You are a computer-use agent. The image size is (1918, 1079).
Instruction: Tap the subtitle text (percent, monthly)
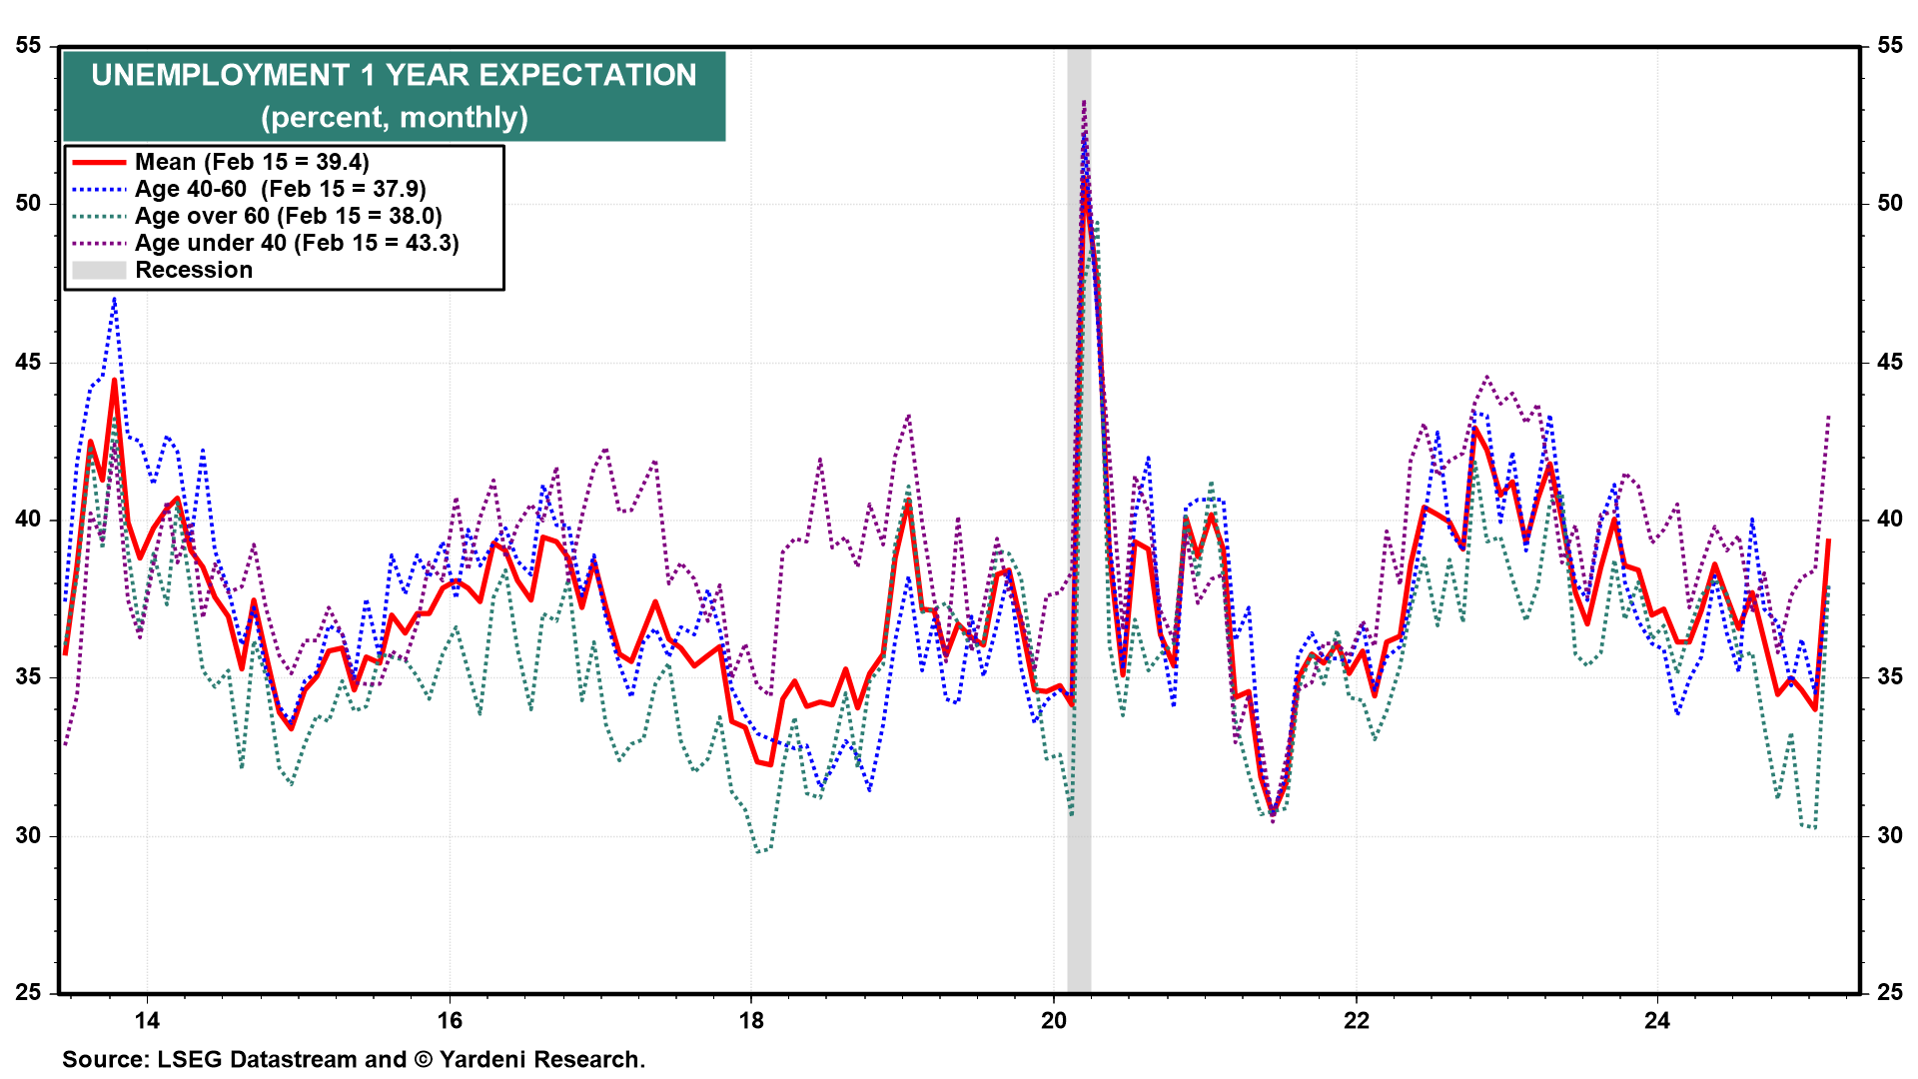[395, 118]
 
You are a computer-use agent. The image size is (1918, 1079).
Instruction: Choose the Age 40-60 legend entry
[280, 189]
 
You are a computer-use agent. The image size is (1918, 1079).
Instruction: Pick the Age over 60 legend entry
[288, 216]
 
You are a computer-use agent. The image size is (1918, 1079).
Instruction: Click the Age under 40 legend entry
[297, 243]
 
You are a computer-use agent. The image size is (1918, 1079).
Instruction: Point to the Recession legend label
[194, 270]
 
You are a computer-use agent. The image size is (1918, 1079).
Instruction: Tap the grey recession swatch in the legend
[99, 270]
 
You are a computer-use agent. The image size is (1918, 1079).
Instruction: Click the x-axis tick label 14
[147, 1020]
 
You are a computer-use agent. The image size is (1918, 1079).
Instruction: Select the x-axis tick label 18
[751, 1020]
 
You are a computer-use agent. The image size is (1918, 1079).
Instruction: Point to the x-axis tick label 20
[1054, 1020]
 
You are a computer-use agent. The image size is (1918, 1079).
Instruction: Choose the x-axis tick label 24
[1657, 1020]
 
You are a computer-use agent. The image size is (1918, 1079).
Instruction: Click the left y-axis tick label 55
[29, 46]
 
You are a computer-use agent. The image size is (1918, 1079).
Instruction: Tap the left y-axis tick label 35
[29, 677]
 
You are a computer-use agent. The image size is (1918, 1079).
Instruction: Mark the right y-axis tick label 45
[1890, 362]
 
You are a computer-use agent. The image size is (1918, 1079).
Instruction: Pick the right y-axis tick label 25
[1890, 993]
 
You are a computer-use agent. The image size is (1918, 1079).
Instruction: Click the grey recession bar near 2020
[1079, 599]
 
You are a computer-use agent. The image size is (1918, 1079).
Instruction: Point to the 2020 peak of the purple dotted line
[1084, 102]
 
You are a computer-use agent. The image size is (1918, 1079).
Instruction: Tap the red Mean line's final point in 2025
[1828, 540]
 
